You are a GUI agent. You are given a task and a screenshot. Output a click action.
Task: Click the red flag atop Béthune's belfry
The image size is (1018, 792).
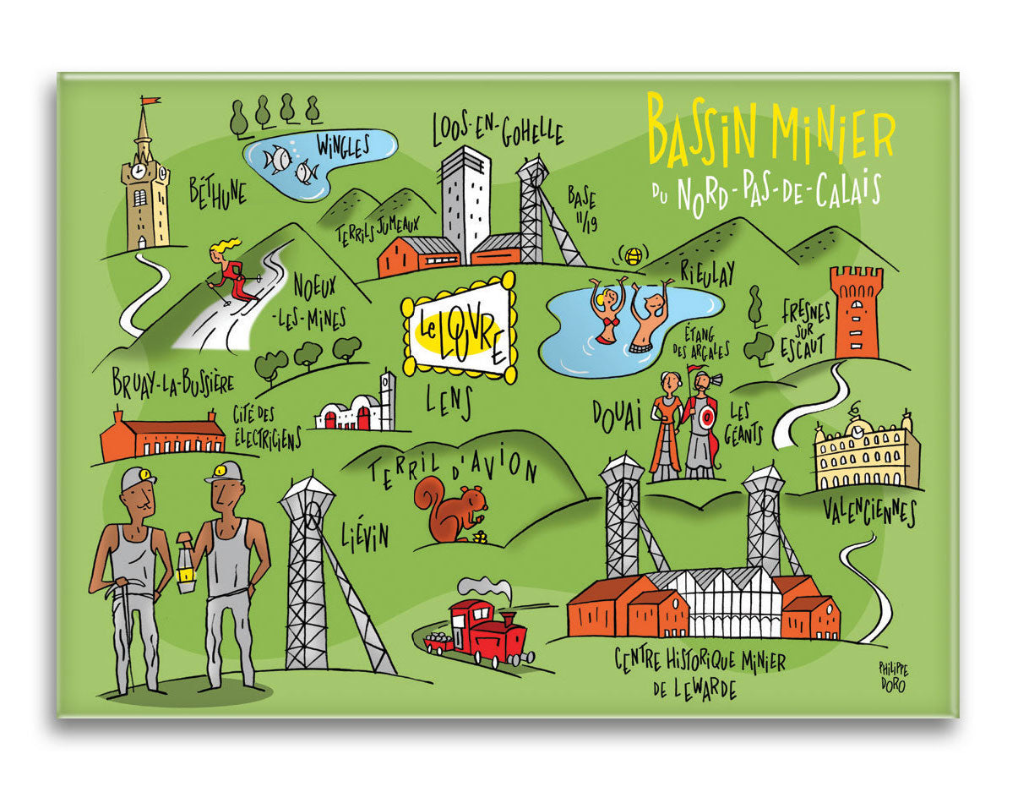point(150,101)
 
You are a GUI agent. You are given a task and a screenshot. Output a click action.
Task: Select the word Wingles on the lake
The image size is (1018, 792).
point(343,147)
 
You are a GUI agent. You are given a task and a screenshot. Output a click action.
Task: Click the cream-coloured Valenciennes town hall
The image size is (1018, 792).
point(865,454)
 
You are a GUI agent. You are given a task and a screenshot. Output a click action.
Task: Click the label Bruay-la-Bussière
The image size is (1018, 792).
point(172,383)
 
